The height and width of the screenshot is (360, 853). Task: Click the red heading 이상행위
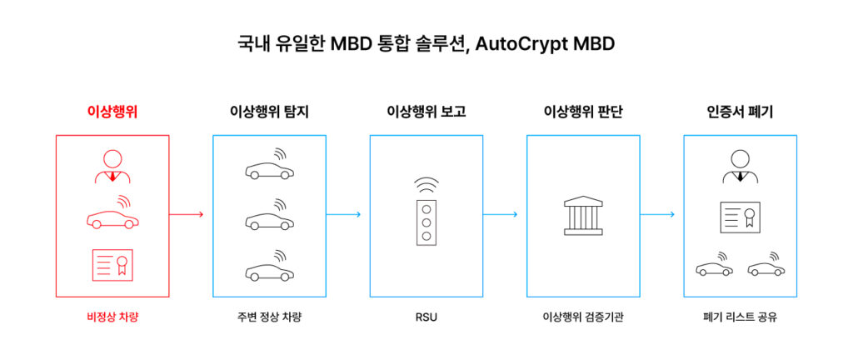(x=112, y=111)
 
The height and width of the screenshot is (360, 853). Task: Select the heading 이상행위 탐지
(x=269, y=111)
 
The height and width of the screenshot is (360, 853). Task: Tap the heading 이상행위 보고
(x=426, y=111)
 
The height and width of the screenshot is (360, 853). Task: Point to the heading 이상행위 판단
(x=583, y=111)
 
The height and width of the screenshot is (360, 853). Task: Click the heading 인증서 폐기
(x=740, y=111)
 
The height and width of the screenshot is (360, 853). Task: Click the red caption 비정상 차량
(x=112, y=317)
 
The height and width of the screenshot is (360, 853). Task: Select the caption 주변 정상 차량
(x=269, y=317)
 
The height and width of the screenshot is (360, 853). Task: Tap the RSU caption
(x=426, y=317)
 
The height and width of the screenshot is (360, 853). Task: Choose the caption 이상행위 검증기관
(x=583, y=317)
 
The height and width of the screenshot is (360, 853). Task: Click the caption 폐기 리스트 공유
(x=740, y=317)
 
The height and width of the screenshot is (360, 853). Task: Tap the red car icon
(x=112, y=217)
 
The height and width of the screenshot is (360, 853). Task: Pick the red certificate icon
(x=112, y=264)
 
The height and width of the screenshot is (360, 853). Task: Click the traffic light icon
(x=426, y=219)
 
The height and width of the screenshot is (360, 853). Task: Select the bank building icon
(x=583, y=215)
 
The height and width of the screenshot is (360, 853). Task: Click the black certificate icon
(x=740, y=217)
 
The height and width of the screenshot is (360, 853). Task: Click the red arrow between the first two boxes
(x=187, y=214)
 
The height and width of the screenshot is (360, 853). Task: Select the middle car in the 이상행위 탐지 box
(x=269, y=219)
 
